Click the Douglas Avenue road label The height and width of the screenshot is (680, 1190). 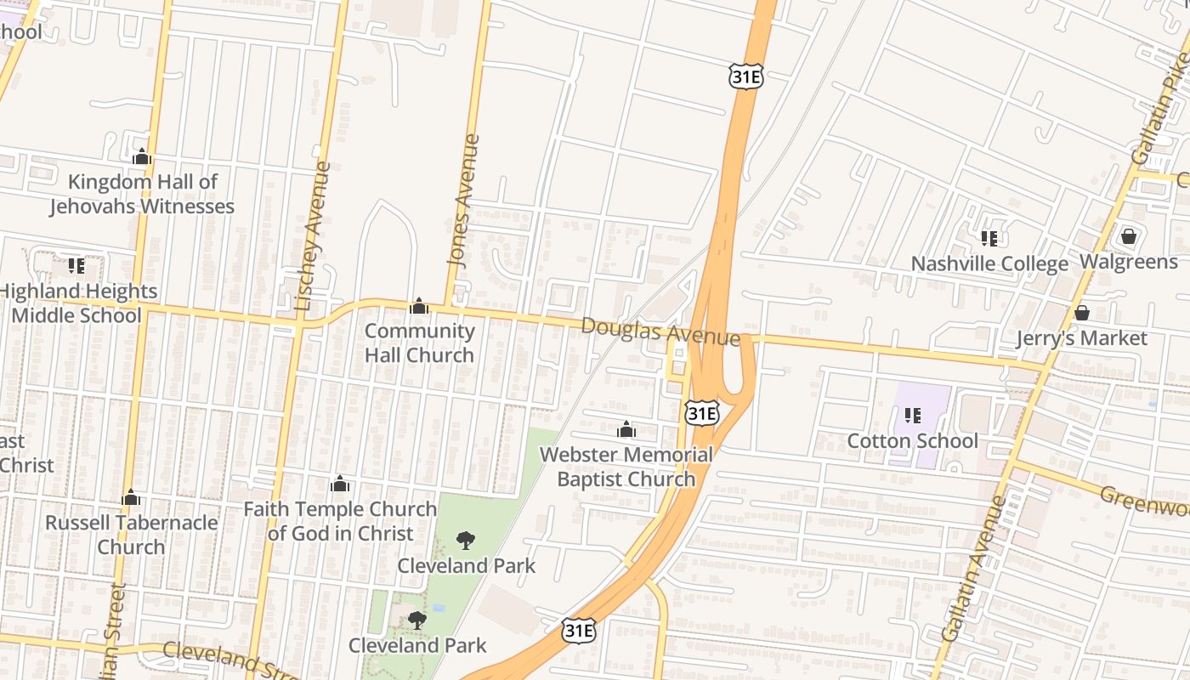660,331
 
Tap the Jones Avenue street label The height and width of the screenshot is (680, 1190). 463,201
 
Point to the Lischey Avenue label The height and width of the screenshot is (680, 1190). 311,235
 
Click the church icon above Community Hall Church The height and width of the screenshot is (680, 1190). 419,306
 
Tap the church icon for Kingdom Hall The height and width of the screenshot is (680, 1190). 142,156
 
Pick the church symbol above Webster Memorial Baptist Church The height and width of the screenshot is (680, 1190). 626,429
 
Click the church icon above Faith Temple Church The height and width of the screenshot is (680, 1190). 340,484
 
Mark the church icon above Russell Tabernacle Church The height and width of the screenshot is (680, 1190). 131,496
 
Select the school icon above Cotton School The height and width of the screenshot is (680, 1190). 913,416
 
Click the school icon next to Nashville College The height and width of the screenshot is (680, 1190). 989,239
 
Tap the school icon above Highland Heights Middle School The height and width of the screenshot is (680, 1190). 76,266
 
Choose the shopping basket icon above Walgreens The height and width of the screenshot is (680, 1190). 1129,235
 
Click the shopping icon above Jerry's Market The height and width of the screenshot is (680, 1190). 1082,313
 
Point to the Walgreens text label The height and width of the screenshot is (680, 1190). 1129,261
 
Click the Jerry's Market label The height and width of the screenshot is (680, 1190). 1082,338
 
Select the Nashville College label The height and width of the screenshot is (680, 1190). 989,263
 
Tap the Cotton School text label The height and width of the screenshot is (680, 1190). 913,440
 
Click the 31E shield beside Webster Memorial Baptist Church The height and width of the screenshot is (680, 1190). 702,414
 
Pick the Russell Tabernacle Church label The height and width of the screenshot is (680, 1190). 131,534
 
